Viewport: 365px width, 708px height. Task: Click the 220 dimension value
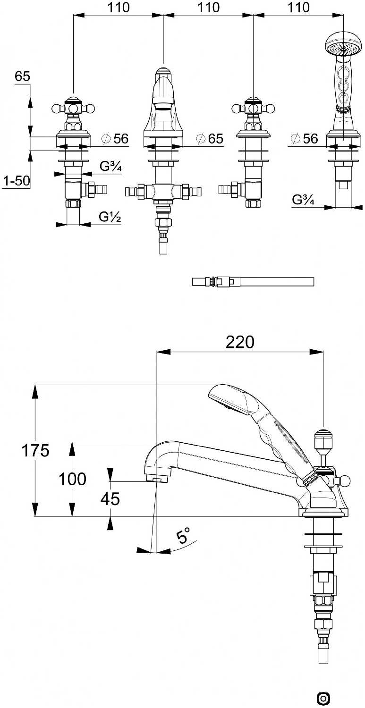coord(239,341)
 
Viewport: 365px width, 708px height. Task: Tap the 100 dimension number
coord(72,479)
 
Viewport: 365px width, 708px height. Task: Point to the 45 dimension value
coord(110,498)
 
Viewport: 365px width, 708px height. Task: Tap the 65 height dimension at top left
coord(22,76)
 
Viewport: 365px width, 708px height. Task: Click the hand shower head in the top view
coord(343,48)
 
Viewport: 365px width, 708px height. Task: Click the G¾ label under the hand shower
coord(303,200)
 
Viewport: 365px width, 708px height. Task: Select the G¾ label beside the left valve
coord(110,166)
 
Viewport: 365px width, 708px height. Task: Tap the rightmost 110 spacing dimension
coord(298,8)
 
